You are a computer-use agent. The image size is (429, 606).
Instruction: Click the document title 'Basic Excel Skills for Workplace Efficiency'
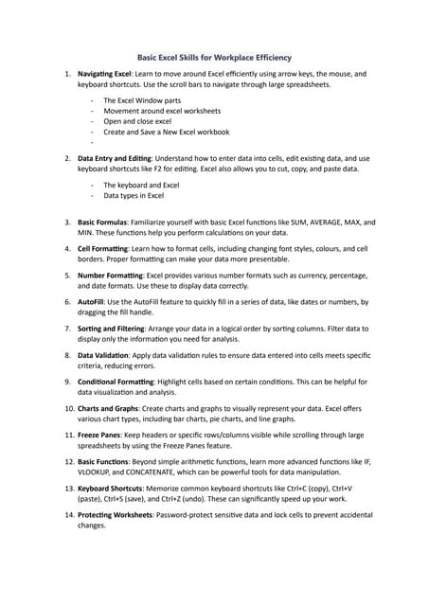[x=214, y=57]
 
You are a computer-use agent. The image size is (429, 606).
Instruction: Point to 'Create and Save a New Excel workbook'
[x=166, y=133]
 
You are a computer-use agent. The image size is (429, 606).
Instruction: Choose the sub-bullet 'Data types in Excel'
[x=134, y=195]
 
